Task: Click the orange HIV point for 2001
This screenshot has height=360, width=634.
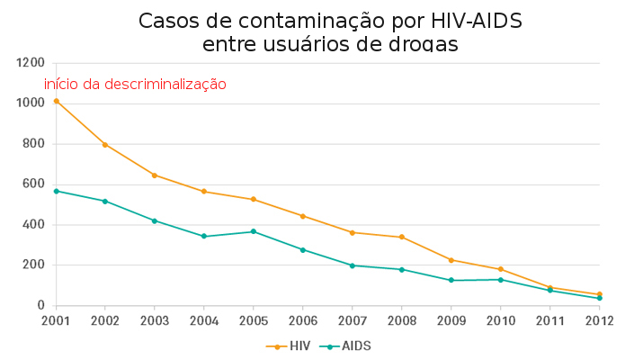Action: (x=56, y=101)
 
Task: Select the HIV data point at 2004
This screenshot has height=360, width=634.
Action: (x=204, y=192)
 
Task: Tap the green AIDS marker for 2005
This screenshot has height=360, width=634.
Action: (x=254, y=231)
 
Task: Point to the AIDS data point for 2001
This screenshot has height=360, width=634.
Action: (x=56, y=191)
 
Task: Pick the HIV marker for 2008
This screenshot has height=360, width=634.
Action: (x=402, y=237)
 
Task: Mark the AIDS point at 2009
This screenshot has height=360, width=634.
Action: (x=451, y=280)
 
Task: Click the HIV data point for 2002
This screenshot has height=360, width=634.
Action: (x=105, y=145)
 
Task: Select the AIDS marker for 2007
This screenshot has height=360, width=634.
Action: (x=353, y=265)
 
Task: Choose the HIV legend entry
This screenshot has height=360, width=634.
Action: (x=289, y=346)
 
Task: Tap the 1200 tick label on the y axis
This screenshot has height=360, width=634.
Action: (x=30, y=63)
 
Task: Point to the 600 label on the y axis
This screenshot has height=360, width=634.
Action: (x=33, y=184)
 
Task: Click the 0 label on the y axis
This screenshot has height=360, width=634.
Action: (x=41, y=305)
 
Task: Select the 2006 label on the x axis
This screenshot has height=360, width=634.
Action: (x=303, y=320)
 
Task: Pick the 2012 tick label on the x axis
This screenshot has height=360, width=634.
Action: (x=599, y=320)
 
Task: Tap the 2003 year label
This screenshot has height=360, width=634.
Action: (x=155, y=320)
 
